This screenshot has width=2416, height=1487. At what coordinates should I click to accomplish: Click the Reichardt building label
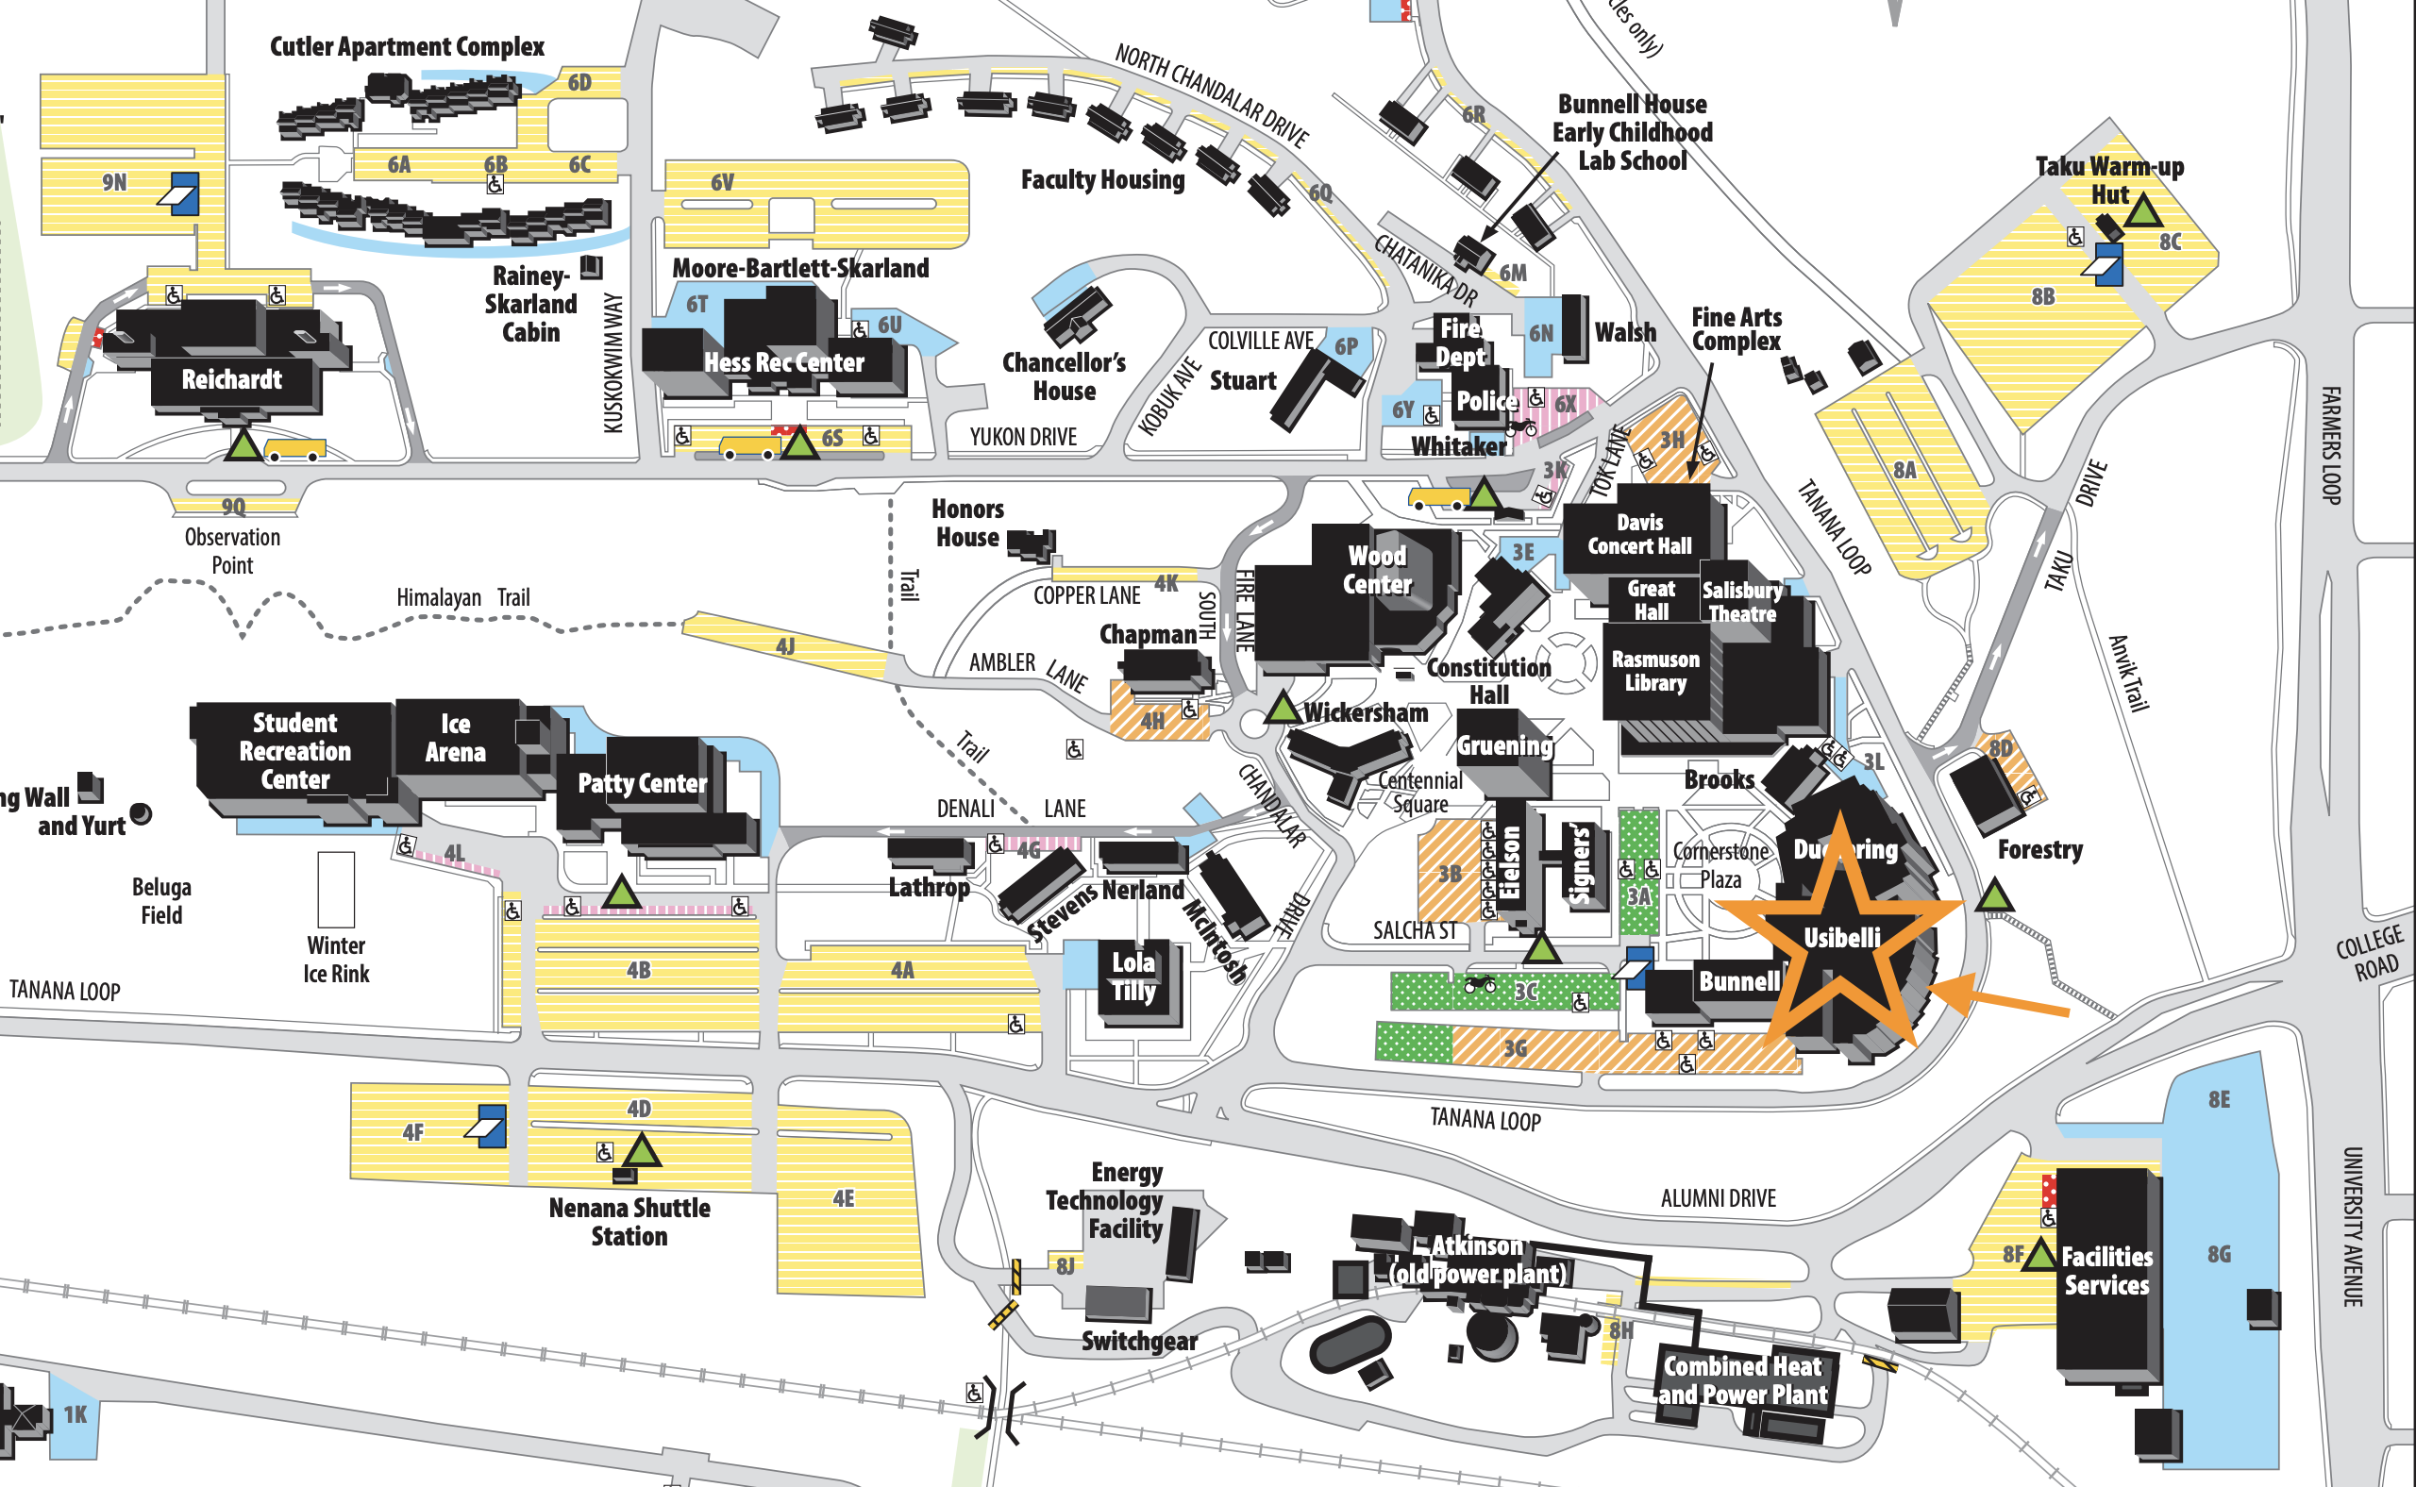click(231, 379)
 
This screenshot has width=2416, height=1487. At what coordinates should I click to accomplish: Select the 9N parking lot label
click(114, 182)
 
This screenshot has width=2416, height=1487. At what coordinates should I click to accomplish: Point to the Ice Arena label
click(455, 738)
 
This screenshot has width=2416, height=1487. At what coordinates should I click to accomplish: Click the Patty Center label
click(642, 784)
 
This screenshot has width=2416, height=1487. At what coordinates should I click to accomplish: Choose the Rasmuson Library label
click(1654, 671)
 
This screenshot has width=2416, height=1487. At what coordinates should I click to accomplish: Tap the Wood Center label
click(1376, 570)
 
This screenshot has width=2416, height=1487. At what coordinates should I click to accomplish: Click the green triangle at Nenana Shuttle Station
click(641, 1149)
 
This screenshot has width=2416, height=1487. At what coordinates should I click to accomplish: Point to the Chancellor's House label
click(1064, 376)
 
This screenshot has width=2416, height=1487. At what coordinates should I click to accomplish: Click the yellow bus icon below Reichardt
click(294, 449)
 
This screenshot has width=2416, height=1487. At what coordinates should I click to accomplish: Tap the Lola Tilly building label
click(1133, 976)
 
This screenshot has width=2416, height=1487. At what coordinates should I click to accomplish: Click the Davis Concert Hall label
click(1639, 534)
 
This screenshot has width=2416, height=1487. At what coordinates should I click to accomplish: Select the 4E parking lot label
click(843, 1198)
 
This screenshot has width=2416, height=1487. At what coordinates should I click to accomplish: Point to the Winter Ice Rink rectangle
click(335, 889)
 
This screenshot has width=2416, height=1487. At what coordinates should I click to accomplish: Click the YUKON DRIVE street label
click(1023, 437)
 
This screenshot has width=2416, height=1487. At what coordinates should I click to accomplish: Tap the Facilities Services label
click(2106, 1271)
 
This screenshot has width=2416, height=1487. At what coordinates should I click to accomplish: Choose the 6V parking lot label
click(722, 182)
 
